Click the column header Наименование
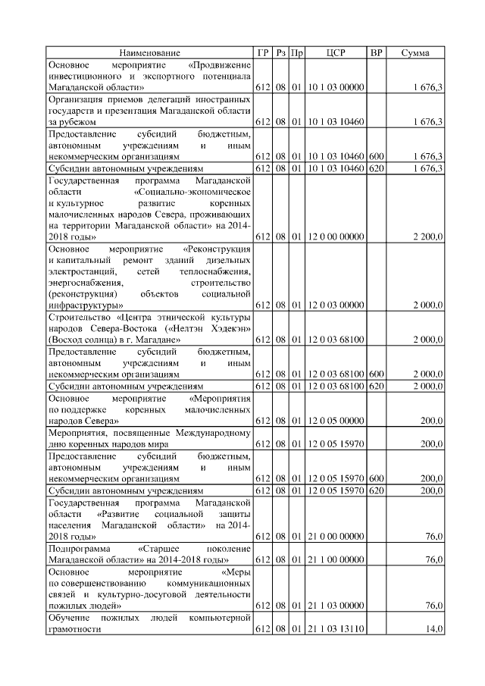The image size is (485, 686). [x=149, y=53]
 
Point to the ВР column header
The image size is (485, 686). [x=375, y=53]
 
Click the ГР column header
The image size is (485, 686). [x=262, y=53]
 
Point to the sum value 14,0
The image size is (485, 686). [x=434, y=628]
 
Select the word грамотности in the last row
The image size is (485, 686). [x=74, y=629]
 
